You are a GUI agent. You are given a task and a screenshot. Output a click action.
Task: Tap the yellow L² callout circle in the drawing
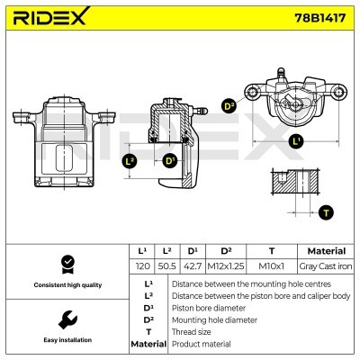click(129, 161)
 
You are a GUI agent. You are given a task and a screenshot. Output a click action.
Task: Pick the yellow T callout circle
click(325, 213)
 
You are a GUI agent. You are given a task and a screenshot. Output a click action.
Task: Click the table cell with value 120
click(141, 267)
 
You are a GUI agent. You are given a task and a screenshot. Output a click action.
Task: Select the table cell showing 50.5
click(166, 267)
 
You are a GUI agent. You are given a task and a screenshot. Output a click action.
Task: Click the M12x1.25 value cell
click(227, 267)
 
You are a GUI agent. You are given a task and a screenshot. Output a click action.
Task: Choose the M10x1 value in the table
click(271, 267)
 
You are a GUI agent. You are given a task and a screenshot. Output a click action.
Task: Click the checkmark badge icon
click(66, 264)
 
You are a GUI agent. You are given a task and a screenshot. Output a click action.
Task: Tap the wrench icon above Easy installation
click(66, 319)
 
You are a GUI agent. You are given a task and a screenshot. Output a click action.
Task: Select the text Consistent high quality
click(66, 285)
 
